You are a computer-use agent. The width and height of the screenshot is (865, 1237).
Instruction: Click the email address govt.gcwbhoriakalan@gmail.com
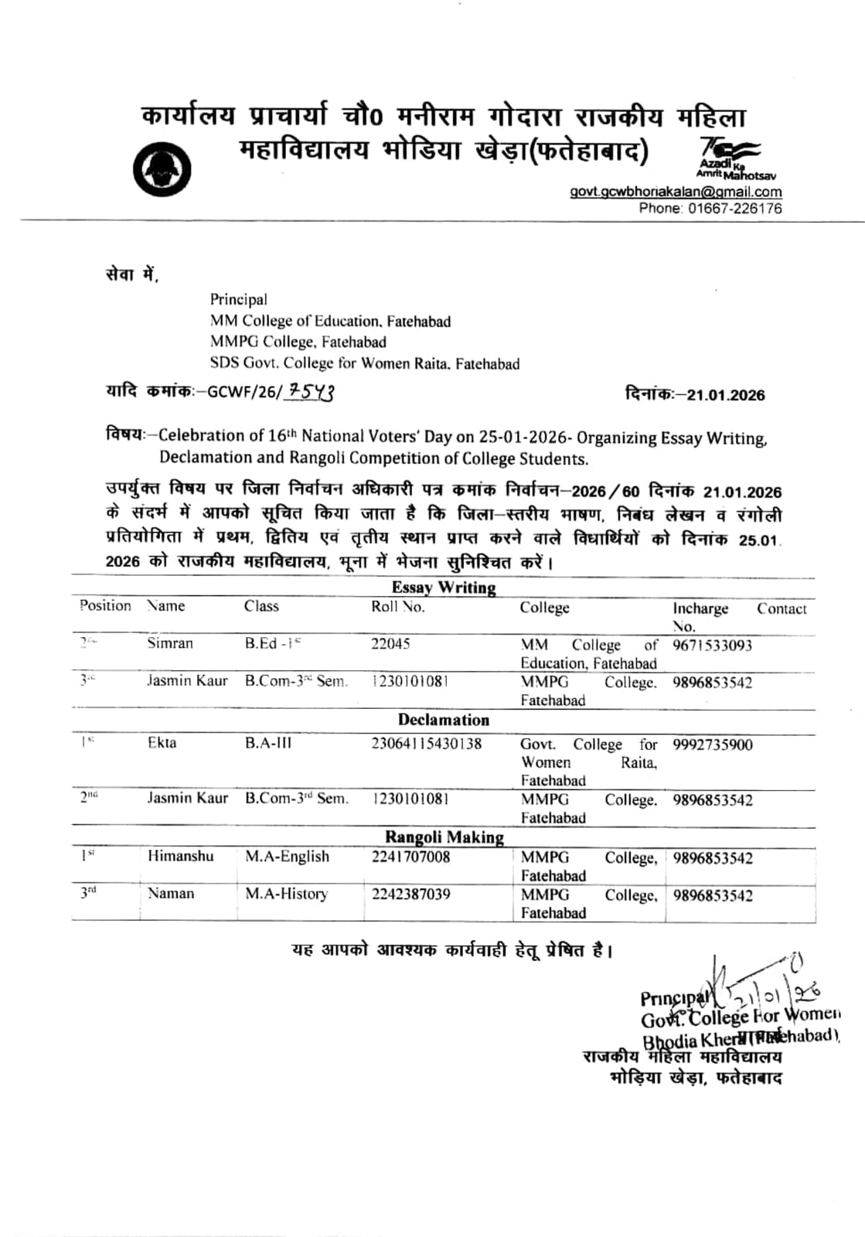(x=676, y=192)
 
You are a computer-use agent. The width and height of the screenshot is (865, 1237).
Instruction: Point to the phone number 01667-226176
(x=734, y=208)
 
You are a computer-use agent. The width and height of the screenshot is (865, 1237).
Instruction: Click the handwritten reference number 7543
(x=310, y=392)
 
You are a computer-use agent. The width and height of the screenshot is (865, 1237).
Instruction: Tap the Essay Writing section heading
(x=444, y=588)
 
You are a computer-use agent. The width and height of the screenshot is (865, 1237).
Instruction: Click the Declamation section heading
(x=444, y=720)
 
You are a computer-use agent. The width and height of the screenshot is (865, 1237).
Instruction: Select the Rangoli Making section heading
(x=444, y=837)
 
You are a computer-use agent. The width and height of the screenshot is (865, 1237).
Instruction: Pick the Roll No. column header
(x=398, y=607)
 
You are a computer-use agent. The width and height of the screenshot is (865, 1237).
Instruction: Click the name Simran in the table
(x=170, y=643)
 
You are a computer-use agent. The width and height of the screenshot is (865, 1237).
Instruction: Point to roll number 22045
(x=390, y=643)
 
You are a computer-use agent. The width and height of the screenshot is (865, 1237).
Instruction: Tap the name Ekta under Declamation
(x=162, y=743)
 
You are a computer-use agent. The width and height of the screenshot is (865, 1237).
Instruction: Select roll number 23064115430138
(x=426, y=744)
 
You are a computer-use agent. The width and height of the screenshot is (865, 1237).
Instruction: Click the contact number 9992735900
(x=712, y=745)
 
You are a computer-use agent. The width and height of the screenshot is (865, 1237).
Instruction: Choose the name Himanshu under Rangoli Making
(x=180, y=856)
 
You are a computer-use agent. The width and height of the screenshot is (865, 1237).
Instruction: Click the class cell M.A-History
(x=286, y=894)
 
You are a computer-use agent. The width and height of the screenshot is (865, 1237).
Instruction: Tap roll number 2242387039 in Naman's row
(x=410, y=895)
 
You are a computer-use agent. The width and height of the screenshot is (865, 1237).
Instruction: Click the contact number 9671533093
(x=712, y=646)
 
